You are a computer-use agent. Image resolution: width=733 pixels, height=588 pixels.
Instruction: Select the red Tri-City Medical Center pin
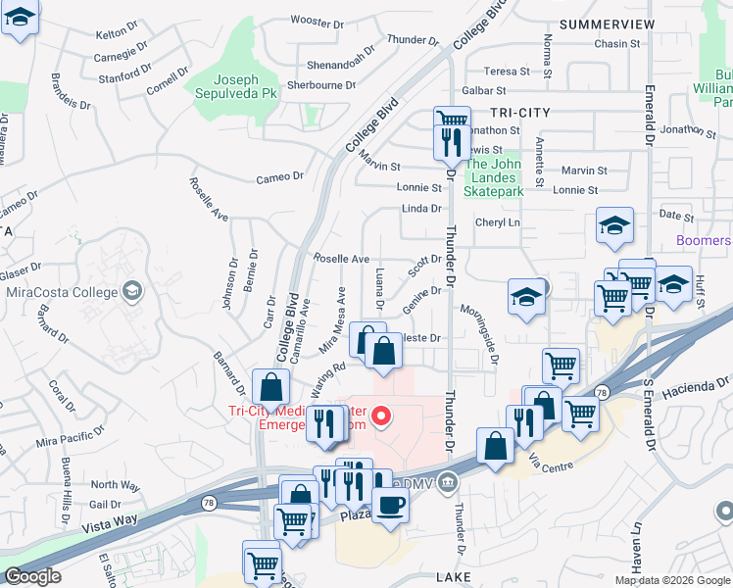pyautogui.click(x=381, y=416)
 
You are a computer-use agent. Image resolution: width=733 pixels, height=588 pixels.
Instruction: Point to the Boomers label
pyautogui.click(x=704, y=240)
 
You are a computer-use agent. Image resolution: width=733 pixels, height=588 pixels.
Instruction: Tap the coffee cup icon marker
pyautogui.click(x=391, y=506)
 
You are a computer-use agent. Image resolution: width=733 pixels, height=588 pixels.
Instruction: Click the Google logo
pyautogui.click(x=32, y=576)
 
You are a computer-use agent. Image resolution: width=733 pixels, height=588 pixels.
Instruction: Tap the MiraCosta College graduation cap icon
pyautogui.click(x=130, y=290)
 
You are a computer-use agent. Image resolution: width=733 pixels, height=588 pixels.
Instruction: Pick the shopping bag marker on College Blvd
pyautogui.click(x=269, y=388)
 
